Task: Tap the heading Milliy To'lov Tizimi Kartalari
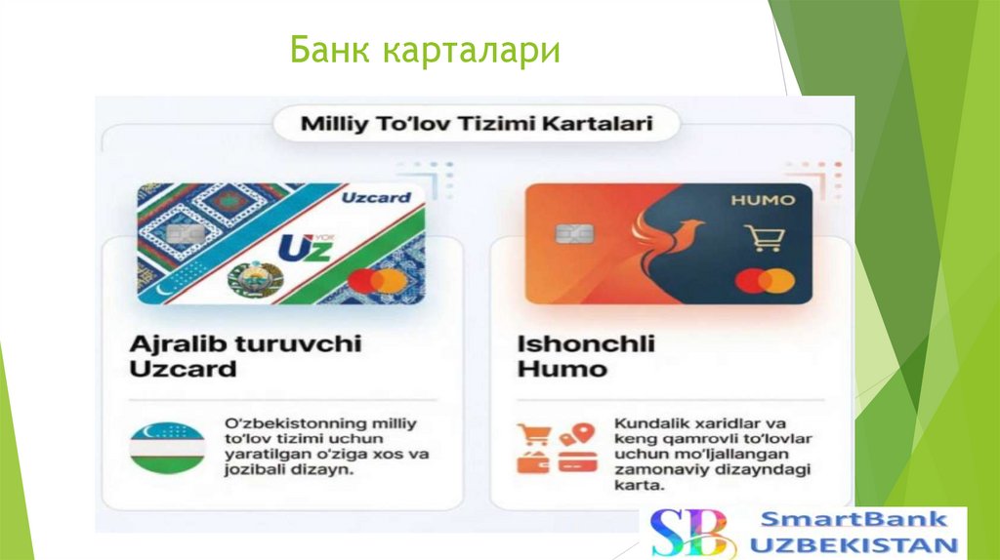pos(477,124)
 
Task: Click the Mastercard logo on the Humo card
pos(766,280)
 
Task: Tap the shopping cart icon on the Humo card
pos(764,238)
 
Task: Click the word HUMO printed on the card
pos(763,201)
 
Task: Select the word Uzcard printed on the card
pos(376,198)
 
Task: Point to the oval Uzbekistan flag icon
pos(167,449)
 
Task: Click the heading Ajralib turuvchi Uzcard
pos(245,356)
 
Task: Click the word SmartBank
pos(853,519)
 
